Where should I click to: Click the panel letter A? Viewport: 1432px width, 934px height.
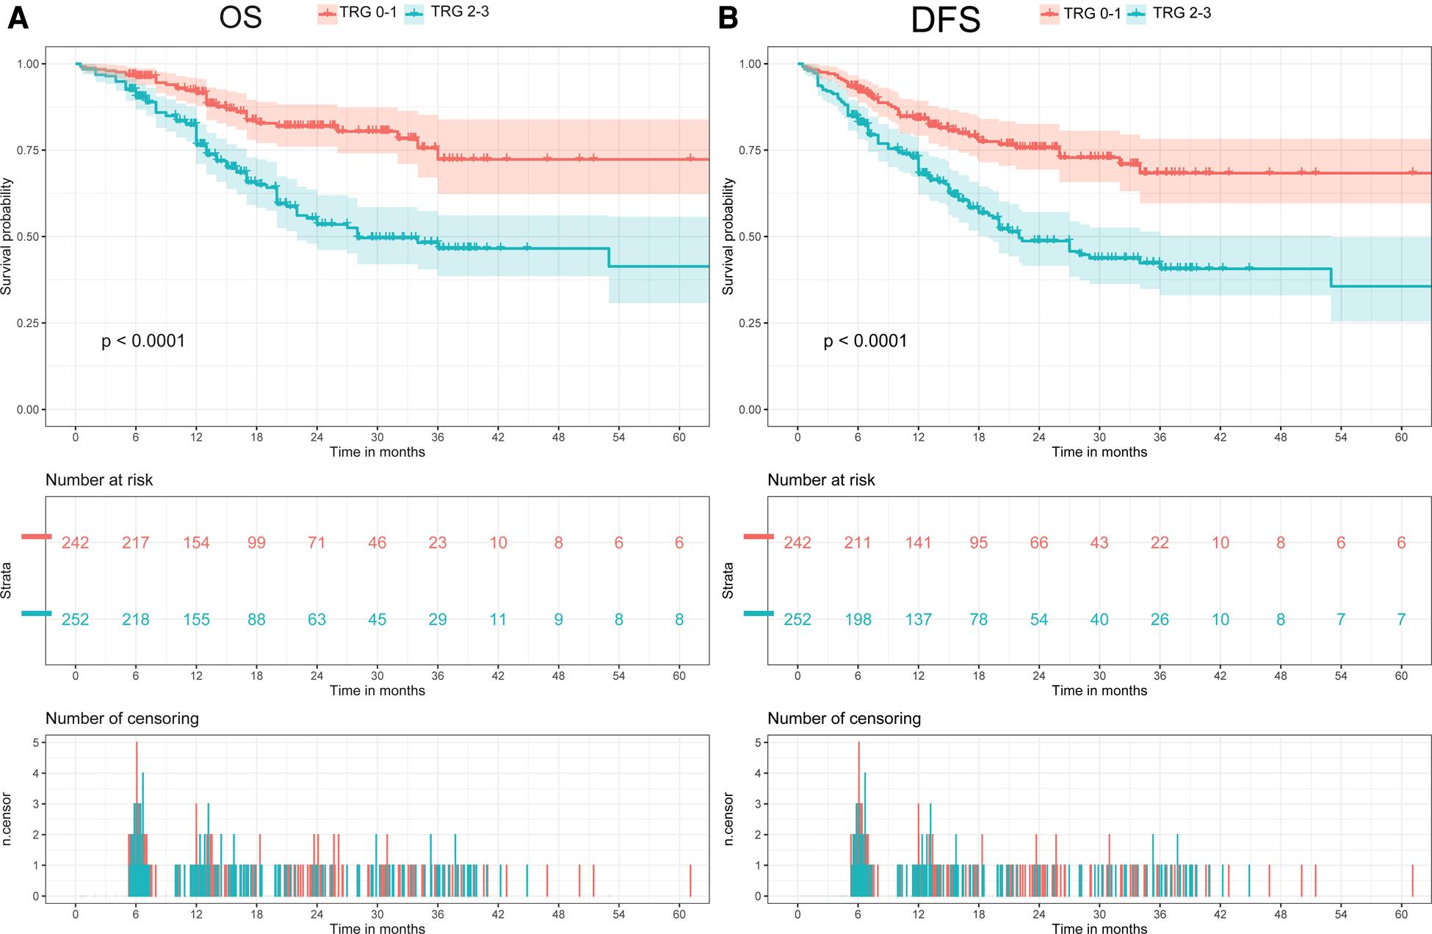tap(18, 18)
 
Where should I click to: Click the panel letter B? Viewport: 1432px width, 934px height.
tap(728, 18)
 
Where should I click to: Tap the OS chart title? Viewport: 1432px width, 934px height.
tap(240, 18)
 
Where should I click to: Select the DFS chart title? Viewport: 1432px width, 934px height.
tap(945, 20)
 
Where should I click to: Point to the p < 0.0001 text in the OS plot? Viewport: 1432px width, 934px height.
tap(143, 341)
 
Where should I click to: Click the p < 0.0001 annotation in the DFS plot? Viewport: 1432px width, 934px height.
tap(865, 341)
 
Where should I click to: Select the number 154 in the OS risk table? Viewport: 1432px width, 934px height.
tap(196, 543)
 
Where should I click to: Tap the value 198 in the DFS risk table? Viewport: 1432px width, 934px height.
tap(858, 620)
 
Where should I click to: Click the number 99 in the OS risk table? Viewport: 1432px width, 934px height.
tap(256, 543)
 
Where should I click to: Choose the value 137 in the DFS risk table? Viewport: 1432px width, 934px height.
tap(918, 620)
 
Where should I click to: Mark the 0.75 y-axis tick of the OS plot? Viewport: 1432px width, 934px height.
tap(28, 151)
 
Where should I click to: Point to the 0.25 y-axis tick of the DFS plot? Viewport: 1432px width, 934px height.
tap(750, 323)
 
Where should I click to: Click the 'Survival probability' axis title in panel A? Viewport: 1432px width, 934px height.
tap(7, 236)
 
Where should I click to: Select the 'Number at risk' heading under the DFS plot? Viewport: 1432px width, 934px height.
tap(821, 480)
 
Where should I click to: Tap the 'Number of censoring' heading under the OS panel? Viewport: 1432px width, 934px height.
tap(122, 719)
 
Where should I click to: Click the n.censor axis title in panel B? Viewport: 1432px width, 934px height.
tap(728, 819)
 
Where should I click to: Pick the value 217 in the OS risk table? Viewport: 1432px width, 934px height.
tap(136, 543)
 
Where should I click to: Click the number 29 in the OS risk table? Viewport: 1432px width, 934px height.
tap(438, 620)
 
